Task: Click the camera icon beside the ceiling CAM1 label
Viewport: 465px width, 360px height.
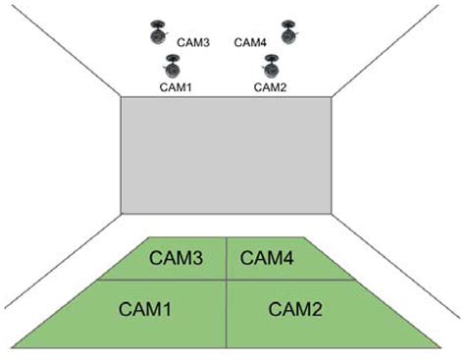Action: point(173,68)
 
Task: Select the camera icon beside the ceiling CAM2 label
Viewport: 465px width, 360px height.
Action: point(271,68)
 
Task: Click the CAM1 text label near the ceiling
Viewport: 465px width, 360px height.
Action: point(175,87)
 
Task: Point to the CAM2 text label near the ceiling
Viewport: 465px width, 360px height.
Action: point(270,87)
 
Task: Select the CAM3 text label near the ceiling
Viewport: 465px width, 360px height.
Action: point(193,42)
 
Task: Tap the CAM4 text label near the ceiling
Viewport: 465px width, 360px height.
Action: point(251,42)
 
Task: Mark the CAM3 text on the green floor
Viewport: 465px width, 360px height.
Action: point(177,258)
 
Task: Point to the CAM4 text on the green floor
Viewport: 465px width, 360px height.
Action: point(268,258)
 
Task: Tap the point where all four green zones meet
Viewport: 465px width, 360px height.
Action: point(228,280)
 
